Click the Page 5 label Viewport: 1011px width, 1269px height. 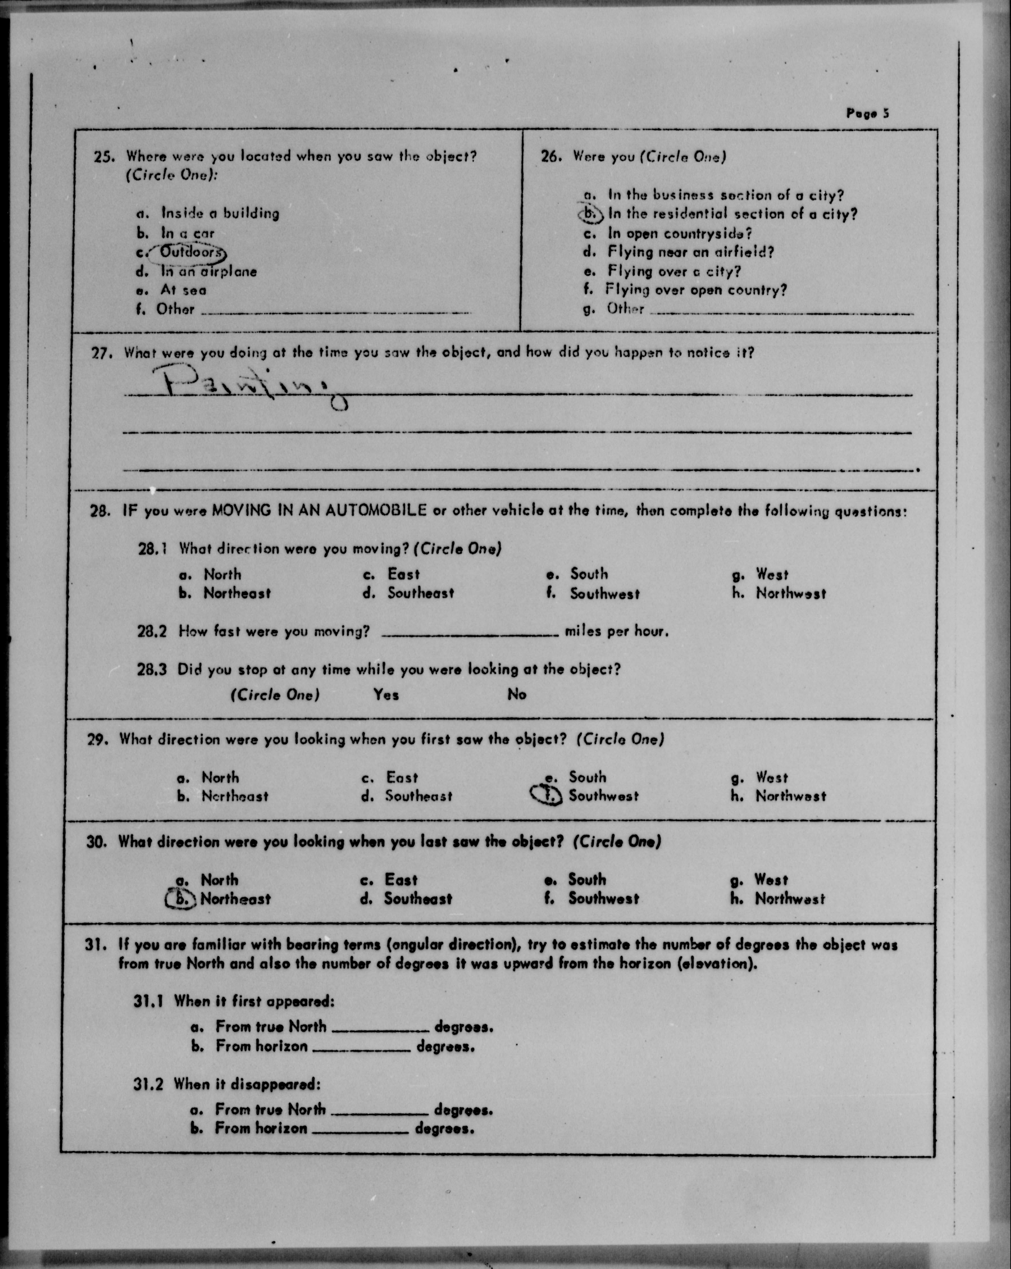867,113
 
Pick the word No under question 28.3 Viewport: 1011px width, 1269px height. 517,695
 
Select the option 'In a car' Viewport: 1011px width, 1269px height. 188,233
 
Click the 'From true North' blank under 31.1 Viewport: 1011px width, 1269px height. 381,1029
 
